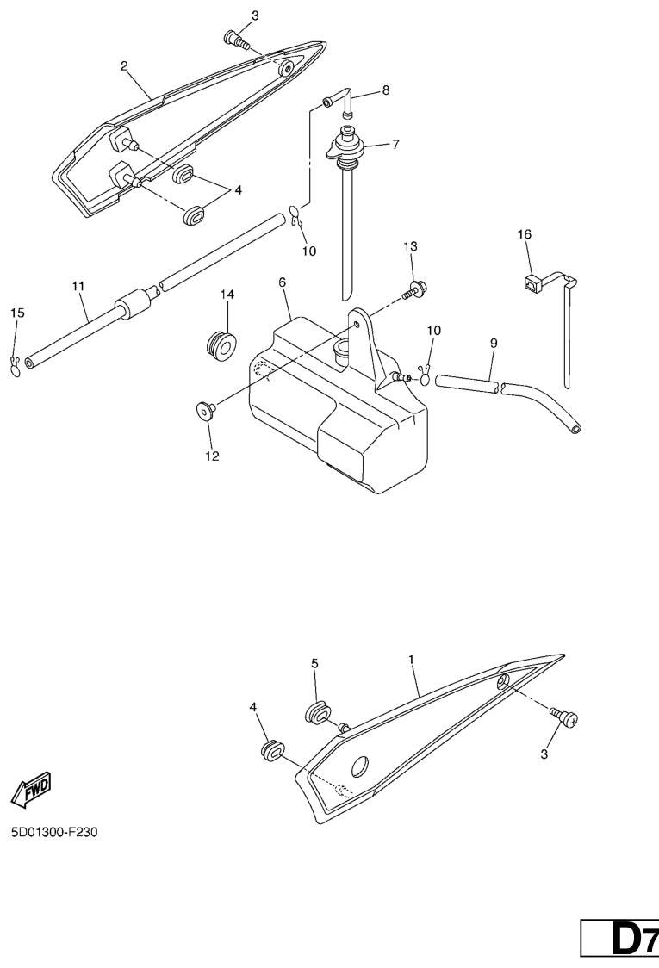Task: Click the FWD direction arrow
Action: pos(32,790)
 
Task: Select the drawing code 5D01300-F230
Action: pos(53,832)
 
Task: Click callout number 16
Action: pos(525,234)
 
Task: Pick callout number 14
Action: pos(227,295)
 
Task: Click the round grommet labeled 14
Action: pos(221,345)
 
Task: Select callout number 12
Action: pos(212,456)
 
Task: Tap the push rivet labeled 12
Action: pos(204,410)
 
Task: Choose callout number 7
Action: pos(395,145)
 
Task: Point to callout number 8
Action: pos(386,90)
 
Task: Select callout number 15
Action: pos(17,313)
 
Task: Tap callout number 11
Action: pos(78,286)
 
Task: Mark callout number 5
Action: pos(314,664)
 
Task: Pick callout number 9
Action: pos(494,343)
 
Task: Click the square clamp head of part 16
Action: pos(531,284)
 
